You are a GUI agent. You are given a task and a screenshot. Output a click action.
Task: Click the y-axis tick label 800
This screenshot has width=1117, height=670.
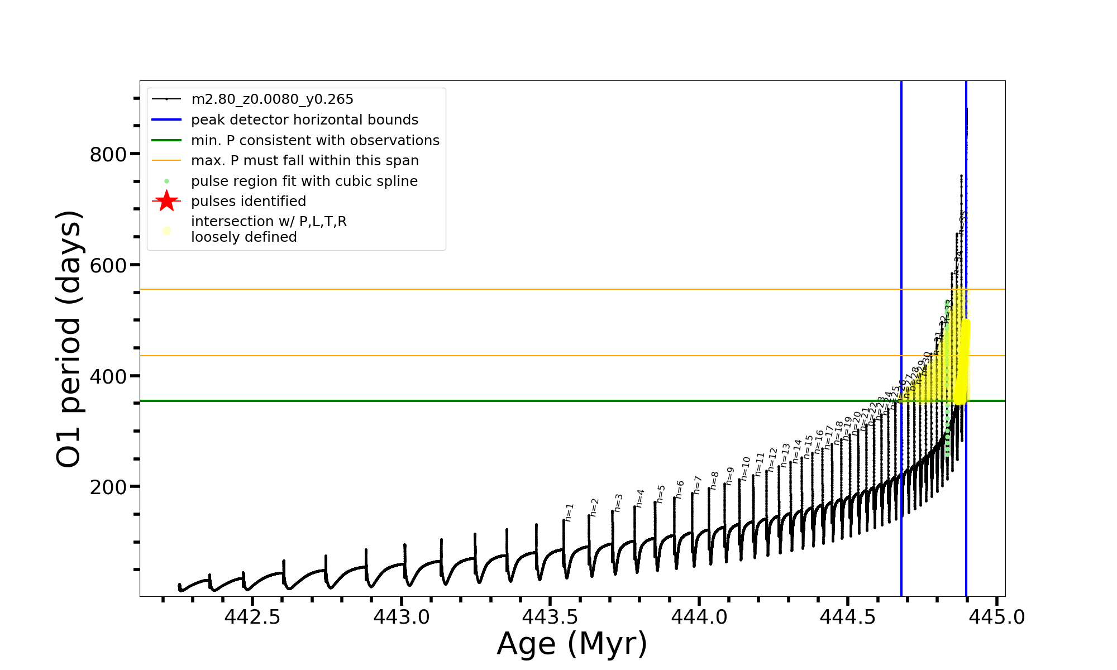(x=108, y=155)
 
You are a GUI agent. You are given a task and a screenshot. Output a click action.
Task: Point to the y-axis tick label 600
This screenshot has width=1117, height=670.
(x=108, y=265)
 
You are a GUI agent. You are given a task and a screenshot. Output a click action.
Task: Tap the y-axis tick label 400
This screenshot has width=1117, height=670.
(x=108, y=376)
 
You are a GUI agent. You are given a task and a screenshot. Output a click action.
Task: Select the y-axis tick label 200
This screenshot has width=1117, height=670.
(x=108, y=487)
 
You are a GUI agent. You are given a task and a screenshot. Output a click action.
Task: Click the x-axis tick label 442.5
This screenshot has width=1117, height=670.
(x=252, y=617)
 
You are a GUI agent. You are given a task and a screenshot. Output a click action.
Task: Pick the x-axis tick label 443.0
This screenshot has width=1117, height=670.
(x=402, y=617)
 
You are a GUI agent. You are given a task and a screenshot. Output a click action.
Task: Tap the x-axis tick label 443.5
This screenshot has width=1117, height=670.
(x=550, y=617)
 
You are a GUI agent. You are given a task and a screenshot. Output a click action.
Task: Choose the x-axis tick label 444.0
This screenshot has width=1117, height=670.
(x=699, y=617)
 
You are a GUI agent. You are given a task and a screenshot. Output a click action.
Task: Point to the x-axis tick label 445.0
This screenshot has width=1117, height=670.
(x=997, y=617)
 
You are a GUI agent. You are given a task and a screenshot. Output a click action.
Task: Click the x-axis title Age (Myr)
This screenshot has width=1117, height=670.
(x=572, y=644)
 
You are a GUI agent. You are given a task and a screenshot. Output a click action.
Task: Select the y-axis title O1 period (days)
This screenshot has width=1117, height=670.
(x=69, y=339)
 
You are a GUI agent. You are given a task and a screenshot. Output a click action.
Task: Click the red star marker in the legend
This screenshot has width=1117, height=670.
(x=166, y=201)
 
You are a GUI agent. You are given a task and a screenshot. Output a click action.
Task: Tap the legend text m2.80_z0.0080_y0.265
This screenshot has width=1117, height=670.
(x=272, y=99)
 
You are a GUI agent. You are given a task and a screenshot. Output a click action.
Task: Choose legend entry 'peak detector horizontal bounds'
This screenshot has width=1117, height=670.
(x=304, y=120)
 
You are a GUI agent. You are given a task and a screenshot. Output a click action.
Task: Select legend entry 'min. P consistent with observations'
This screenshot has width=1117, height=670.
(x=315, y=141)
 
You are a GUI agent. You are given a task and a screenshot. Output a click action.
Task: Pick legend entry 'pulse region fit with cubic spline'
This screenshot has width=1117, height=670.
(x=304, y=181)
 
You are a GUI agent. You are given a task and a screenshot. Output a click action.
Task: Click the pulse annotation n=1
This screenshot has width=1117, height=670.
(x=569, y=512)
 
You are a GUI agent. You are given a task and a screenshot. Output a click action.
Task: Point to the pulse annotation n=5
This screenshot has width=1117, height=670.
(x=661, y=494)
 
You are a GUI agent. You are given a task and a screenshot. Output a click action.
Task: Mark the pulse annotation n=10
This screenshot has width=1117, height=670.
(x=746, y=468)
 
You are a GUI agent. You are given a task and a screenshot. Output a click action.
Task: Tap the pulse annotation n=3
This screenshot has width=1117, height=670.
(x=618, y=502)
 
